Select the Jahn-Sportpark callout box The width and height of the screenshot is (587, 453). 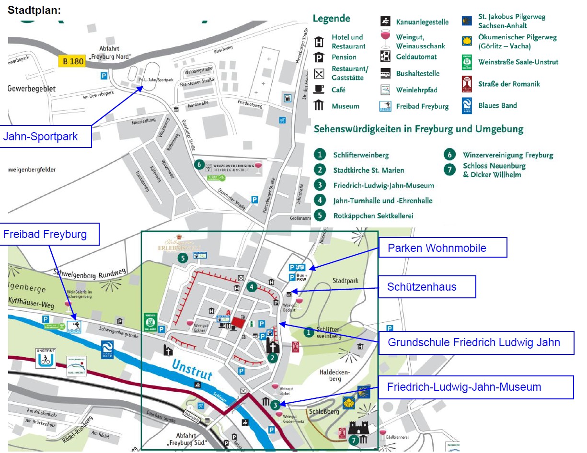[46, 137]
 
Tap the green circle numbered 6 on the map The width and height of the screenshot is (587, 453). [199, 164]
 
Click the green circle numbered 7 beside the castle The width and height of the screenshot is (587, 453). [354, 440]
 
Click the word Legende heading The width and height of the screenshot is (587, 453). [332, 19]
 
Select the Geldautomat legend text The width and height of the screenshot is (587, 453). [416, 57]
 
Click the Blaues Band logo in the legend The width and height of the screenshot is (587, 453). [467, 105]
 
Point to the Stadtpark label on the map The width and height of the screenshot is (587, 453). [345, 281]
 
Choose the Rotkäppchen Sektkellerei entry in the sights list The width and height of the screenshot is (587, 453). [373, 215]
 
